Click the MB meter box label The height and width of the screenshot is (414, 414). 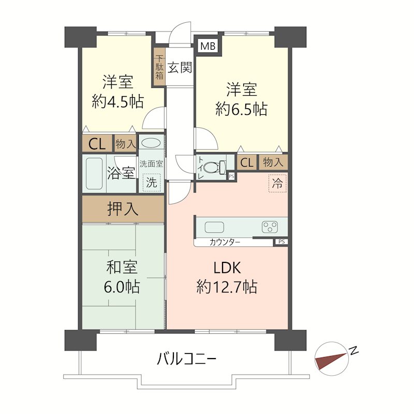pyautogui.click(x=208, y=46)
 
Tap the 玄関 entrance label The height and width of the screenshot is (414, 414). pyautogui.click(x=180, y=67)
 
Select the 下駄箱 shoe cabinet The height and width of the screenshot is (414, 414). pyautogui.click(x=159, y=67)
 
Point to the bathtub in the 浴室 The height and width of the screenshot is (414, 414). pyautogui.click(x=94, y=173)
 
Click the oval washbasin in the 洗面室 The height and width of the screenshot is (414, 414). pyautogui.click(x=151, y=143)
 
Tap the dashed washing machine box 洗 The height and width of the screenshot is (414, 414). pyautogui.click(x=152, y=182)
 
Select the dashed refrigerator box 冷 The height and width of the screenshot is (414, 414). pyautogui.click(x=277, y=183)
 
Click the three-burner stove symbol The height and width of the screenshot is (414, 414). pyautogui.click(x=270, y=227)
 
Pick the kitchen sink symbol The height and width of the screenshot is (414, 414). pyautogui.click(x=214, y=227)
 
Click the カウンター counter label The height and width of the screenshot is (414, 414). pyautogui.click(x=225, y=242)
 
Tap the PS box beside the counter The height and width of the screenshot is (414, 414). pyautogui.click(x=282, y=242)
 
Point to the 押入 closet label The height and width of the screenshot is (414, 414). pyautogui.click(x=123, y=209)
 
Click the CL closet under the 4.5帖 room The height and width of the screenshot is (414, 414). pyautogui.click(x=97, y=144)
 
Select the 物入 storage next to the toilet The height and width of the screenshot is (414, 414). pyautogui.click(x=273, y=162)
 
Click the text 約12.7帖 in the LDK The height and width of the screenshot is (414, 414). pyautogui.click(x=227, y=287)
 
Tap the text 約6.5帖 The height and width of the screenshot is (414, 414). pyautogui.click(x=241, y=109)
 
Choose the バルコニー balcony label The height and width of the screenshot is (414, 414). pyautogui.click(x=187, y=359)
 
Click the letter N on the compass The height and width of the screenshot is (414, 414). pyautogui.click(x=354, y=350)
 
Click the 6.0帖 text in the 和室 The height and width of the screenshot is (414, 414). pyautogui.click(x=122, y=287)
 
